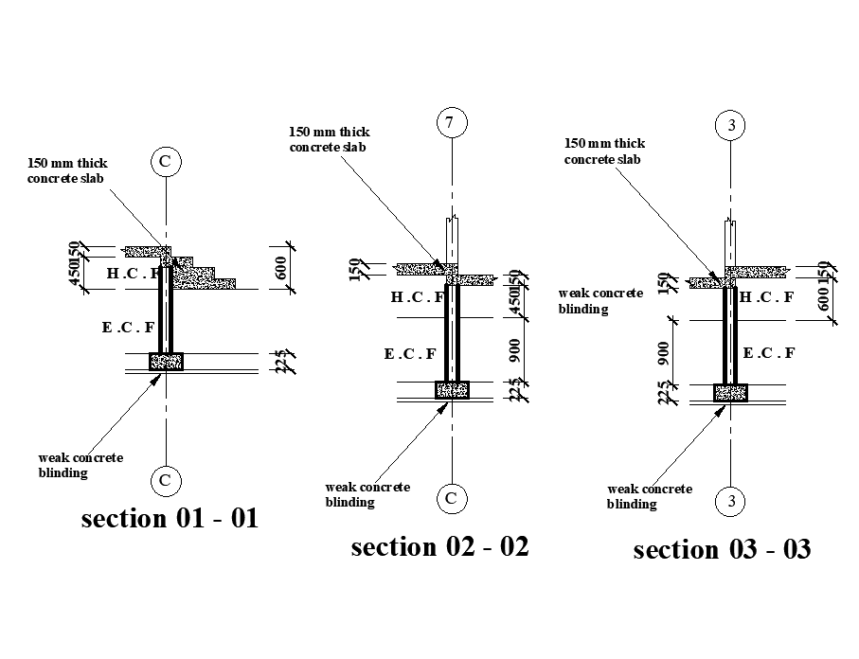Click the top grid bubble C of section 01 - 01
pyautogui.click(x=166, y=162)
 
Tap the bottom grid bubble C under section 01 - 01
pyautogui.click(x=166, y=480)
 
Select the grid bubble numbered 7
pyautogui.click(x=451, y=123)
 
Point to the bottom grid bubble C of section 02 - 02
pyautogui.click(x=451, y=498)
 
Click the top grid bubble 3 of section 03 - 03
pyautogui.click(x=730, y=125)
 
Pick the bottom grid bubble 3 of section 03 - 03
pyautogui.click(x=730, y=501)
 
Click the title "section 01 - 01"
pyautogui.click(x=170, y=519)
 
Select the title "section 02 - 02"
pyautogui.click(x=439, y=546)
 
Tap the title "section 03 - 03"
pyautogui.click(x=722, y=549)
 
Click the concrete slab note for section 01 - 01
pyautogui.click(x=68, y=171)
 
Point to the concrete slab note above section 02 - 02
pyautogui.click(x=328, y=139)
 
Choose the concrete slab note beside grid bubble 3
pyautogui.click(x=604, y=151)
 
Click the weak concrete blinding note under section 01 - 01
pyautogui.click(x=81, y=465)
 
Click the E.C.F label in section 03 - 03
pyautogui.click(x=768, y=353)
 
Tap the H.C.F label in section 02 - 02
pyautogui.click(x=418, y=297)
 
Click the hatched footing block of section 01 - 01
pyautogui.click(x=167, y=361)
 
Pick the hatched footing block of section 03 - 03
pyautogui.click(x=730, y=393)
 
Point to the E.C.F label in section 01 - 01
pyautogui.click(x=128, y=328)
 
